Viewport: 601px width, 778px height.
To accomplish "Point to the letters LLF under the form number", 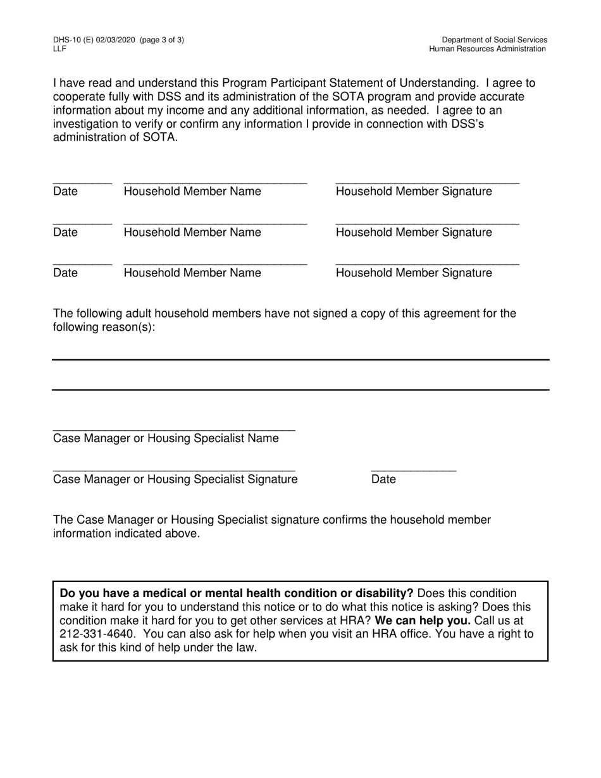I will coord(59,49).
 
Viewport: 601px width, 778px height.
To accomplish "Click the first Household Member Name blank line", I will coord(215,182).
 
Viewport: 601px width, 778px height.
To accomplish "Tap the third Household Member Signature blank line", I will coord(427,264).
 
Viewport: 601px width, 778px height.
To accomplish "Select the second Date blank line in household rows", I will coord(82,223).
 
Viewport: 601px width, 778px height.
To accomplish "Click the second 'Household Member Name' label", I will coord(192,233).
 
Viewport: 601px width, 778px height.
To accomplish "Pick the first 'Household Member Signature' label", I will coord(414,192).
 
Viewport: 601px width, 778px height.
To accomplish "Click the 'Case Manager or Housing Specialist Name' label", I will coord(166,438).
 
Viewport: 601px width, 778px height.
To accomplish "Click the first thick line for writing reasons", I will coord(300,359).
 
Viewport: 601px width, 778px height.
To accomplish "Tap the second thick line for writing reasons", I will coord(300,390).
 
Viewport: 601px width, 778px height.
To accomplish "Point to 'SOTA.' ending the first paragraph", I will coord(161,137).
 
